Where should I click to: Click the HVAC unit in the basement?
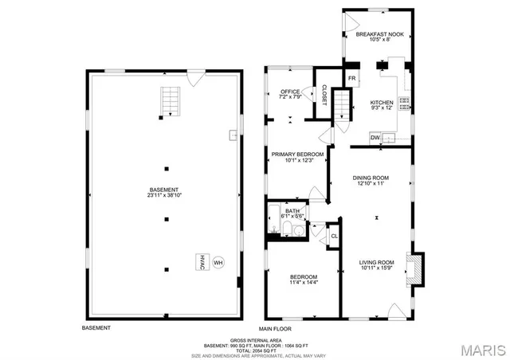[202, 262]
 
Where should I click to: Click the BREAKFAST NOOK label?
[379, 35]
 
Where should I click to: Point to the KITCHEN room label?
[382, 103]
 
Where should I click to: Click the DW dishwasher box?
[375, 138]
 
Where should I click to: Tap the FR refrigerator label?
[351, 77]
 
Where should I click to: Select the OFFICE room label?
[289, 92]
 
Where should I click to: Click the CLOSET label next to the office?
[324, 94]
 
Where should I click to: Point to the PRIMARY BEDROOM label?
[297, 154]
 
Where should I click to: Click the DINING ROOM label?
[371, 178]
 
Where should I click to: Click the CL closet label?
[335, 236]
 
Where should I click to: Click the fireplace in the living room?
[413, 268]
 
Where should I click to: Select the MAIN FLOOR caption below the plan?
[276, 328]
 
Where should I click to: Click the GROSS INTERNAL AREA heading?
[256, 340]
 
